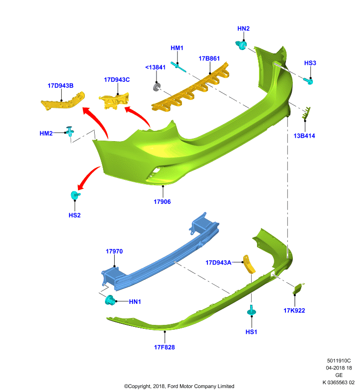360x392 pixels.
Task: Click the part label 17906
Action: pyautogui.click(x=162, y=202)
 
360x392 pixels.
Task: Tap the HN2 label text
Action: pyautogui.click(x=243, y=28)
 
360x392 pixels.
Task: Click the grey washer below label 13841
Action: pyautogui.click(x=156, y=87)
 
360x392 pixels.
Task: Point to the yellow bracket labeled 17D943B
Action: pyautogui.click(x=63, y=101)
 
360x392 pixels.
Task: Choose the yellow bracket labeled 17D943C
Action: pyautogui.click(x=114, y=101)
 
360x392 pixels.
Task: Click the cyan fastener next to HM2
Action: pyautogui.click(x=70, y=131)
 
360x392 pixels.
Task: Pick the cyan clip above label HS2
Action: pyautogui.click(x=76, y=195)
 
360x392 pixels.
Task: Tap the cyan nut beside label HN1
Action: pyautogui.click(x=110, y=300)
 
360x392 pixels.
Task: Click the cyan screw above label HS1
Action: pyautogui.click(x=252, y=310)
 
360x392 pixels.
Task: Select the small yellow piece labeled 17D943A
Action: pyautogui.click(x=249, y=264)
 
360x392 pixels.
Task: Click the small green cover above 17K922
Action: pyautogui.click(x=298, y=288)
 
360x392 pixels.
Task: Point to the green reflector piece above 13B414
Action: pyautogui.click(x=306, y=113)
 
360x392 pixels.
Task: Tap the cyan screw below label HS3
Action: pyautogui.click(x=309, y=81)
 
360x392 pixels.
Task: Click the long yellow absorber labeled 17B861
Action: pyautogui.click(x=190, y=88)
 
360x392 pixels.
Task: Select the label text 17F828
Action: pyautogui.click(x=164, y=347)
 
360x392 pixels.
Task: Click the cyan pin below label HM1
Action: pyautogui.click(x=178, y=67)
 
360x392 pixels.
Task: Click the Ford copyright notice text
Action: pyautogui.click(x=179, y=386)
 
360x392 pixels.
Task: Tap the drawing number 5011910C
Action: pyautogui.click(x=339, y=361)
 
